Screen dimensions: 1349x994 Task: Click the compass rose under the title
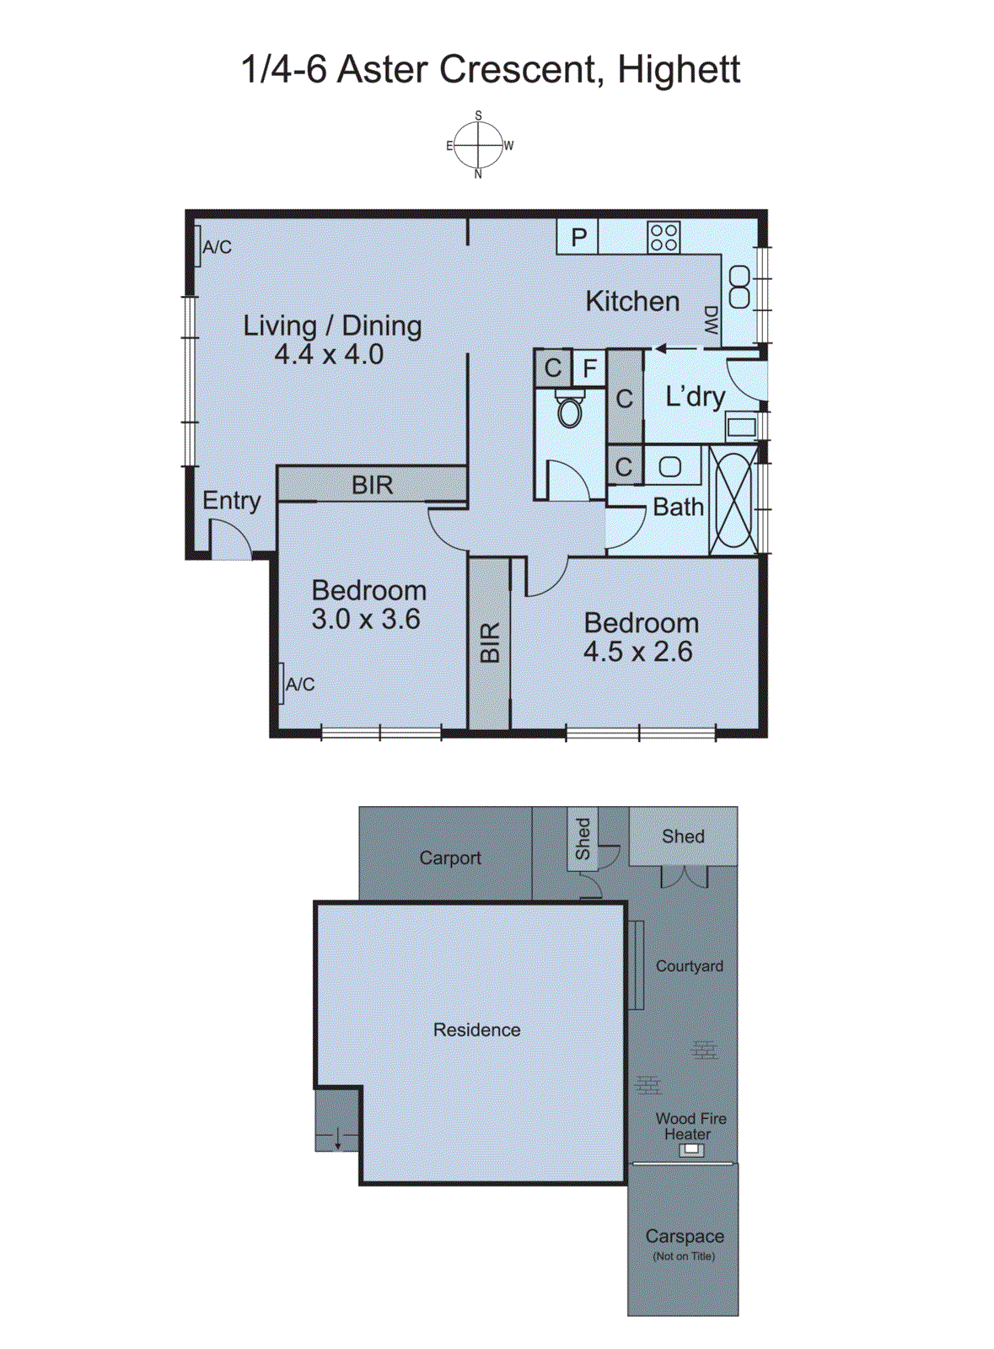(x=478, y=145)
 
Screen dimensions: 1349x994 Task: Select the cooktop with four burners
(x=664, y=237)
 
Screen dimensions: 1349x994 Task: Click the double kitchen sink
(x=739, y=287)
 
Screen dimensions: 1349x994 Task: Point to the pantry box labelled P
(x=578, y=237)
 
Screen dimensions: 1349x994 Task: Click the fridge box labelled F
(x=589, y=368)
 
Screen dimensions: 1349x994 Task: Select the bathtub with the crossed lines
(x=733, y=501)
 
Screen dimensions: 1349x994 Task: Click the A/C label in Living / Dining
(x=217, y=247)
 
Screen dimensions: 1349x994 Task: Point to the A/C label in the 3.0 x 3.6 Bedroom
(x=300, y=684)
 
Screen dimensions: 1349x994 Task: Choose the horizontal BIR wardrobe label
(x=372, y=485)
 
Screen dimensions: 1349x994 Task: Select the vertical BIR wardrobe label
(x=490, y=642)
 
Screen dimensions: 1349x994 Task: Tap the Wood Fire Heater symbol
(x=691, y=1149)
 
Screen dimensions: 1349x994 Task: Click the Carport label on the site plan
(x=450, y=857)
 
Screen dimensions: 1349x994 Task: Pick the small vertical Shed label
(x=583, y=839)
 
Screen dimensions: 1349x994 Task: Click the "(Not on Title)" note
(x=684, y=1256)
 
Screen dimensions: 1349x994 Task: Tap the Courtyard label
(x=690, y=966)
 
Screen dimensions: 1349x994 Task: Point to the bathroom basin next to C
(x=670, y=466)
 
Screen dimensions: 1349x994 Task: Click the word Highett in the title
(x=679, y=69)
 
